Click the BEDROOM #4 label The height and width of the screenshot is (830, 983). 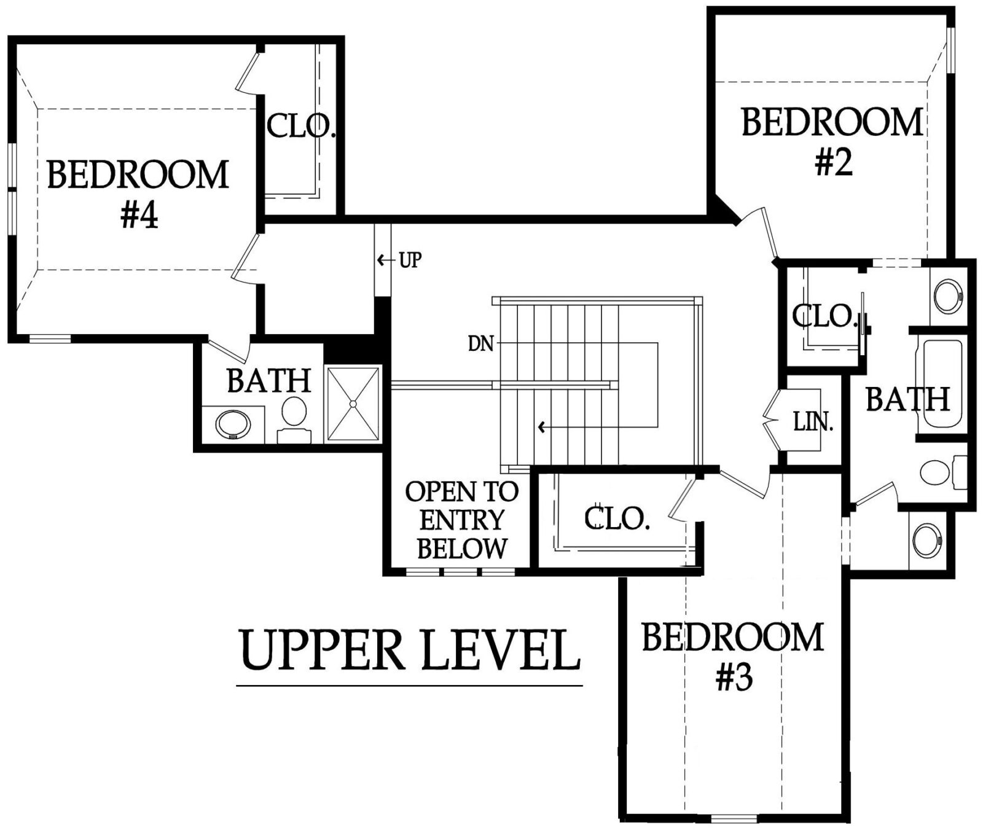coord(138,194)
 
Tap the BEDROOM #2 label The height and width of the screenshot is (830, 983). coord(832,142)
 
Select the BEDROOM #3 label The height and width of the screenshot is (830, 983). coord(733,656)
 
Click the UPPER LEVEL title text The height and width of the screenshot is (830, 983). coord(410,650)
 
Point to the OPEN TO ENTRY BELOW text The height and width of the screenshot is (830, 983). coord(462,520)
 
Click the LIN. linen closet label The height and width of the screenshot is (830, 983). coord(813,422)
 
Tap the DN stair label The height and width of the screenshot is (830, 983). coord(481,343)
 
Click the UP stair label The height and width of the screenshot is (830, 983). coord(410,260)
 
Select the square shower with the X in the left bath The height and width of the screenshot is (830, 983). coord(353,404)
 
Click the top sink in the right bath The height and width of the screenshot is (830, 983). coord(948,296)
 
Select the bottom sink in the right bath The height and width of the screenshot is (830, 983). coord(928,541)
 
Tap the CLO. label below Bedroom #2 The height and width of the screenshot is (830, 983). coord(824,316)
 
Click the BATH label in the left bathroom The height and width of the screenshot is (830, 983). coord(269,381)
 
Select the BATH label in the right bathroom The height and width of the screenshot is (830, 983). coord(908,399)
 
